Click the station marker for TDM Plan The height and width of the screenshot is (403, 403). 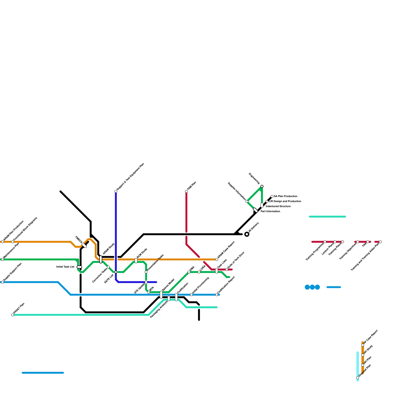186,191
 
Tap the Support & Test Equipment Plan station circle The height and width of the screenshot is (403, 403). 116,191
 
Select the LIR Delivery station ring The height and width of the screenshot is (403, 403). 247,234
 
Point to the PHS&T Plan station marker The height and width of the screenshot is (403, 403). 13,315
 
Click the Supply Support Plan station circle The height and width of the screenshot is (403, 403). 3,282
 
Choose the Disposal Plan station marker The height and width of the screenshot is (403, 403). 358,378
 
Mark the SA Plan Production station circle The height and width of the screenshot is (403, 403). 272,196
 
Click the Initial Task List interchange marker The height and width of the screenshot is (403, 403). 79,267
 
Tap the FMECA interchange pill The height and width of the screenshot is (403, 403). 84,245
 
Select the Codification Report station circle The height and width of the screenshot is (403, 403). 217,295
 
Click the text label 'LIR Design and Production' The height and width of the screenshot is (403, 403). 285,201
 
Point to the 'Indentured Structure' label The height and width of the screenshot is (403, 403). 278,207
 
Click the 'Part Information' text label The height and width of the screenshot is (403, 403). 270,212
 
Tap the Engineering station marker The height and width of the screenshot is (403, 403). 262,186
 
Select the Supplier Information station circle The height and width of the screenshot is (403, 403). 247,201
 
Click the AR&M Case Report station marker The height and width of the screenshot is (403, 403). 217,259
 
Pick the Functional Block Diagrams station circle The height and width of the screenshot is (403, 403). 13,242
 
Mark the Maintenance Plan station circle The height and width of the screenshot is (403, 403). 3,259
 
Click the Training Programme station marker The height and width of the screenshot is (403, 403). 325,242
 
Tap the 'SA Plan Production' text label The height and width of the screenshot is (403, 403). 285,196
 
